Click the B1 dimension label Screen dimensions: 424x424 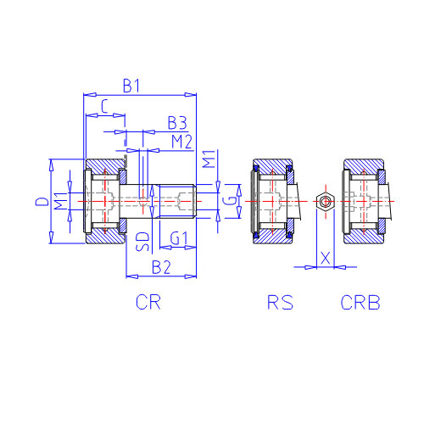coord(131,86)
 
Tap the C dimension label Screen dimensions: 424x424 coord(104,107)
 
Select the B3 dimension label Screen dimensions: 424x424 coord(177,123)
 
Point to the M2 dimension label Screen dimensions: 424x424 coord(181,142)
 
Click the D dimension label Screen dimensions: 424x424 coord(42,202)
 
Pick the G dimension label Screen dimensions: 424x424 coord(230,201)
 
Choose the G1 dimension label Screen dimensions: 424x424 coord(179,238)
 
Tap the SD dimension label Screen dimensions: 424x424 coord(142,242)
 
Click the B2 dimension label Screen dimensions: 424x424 coord(161,267)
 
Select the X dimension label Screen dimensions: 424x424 coord(326,258)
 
